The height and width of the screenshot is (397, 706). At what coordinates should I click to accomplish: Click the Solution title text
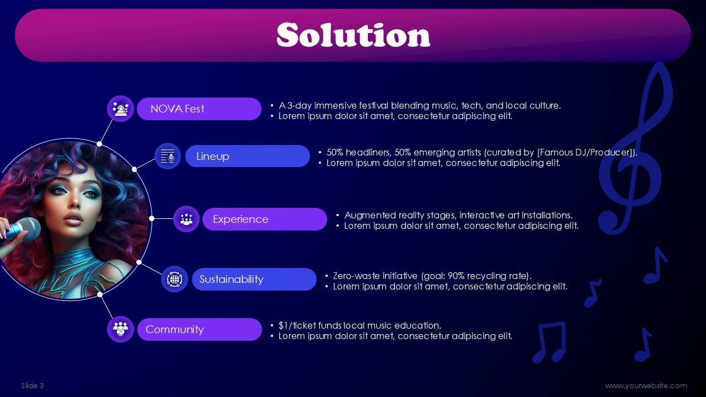pyautogui.click(x=354, y=35)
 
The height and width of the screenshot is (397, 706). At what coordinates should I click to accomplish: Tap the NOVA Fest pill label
pyautogui.click(x=199, y=109)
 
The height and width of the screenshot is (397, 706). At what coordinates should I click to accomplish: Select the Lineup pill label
pyautogui.click(x=248, y=156)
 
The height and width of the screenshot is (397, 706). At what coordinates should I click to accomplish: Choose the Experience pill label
pyautogui.click(x=264, y=219)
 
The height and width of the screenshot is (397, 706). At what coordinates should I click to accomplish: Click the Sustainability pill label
pyautogui.click(x=254, y=279)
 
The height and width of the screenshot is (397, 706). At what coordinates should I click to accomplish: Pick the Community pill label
pyautogui.click(x=200, y=329)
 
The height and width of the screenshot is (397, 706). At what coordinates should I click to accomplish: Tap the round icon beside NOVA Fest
pyautogui.click(x=120, y=109)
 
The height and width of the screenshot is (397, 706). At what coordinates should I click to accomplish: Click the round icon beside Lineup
pyautogui.click(x=168, y=156)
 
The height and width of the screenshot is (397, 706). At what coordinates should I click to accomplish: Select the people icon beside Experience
pyautogui.click(x=186, y=219)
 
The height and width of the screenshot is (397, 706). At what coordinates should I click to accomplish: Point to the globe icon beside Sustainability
pyautogui.click(x=174, y=279)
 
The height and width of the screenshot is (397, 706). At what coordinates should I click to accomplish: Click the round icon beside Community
pyautogui.click(x=120, y=329)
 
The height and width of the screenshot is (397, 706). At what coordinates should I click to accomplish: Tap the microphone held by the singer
pyautogui.click(x=22, y=230)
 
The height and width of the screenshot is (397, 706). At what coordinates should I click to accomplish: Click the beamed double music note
pyautogui.click(x=549, y=342)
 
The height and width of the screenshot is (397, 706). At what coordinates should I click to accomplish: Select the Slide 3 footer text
pyautogui.click(x=33, y=385)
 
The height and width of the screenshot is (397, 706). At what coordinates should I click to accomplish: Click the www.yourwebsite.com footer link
pyautogui.click(x=646, y=385)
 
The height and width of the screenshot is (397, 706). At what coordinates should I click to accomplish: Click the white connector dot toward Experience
pyautogui.click(x=152, y=218)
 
